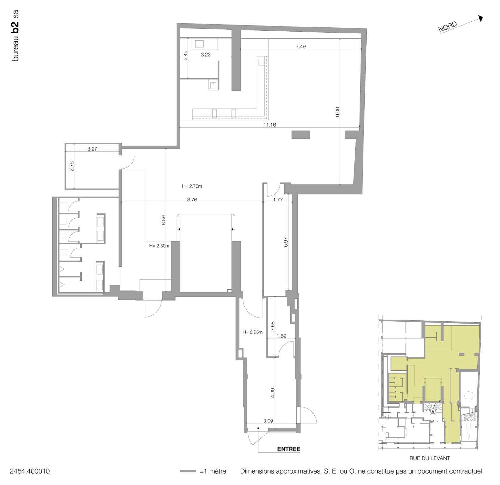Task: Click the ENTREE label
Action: coord(288,449)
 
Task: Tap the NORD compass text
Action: coord(448,27)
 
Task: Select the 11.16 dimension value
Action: coord(270,125)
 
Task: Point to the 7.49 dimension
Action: coord(301,46)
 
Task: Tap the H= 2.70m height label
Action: coord(192,186)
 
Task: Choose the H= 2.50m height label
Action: coord(159,246)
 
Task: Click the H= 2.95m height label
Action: coord(253,332)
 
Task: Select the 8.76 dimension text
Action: coord(192,200)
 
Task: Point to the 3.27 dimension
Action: coord(92,149)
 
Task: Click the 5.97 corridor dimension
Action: coord(286,242)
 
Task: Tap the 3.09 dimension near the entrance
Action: coord(268,421)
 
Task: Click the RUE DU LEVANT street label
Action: coord(430,458)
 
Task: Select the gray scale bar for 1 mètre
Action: coord(188,471)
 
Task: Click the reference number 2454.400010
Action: coord(30,471)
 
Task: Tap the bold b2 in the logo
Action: coord(15,27)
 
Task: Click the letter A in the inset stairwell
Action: coord(433,411)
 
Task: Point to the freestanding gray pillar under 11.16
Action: coord(301,135)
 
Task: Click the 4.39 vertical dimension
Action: coord(273,392)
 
